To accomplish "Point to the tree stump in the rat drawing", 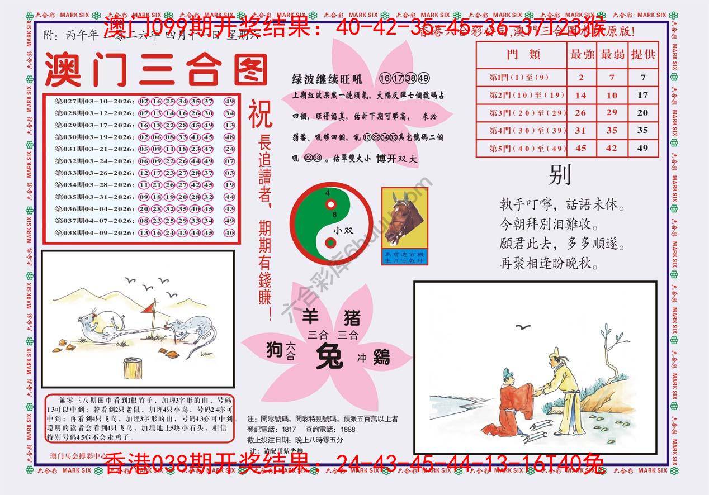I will coord(133,369).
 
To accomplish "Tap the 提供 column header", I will coord(642,55).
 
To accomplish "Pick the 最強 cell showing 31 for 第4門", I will coord(581,131).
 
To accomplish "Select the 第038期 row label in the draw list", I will coord(94,233).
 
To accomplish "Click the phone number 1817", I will coord(290,429).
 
